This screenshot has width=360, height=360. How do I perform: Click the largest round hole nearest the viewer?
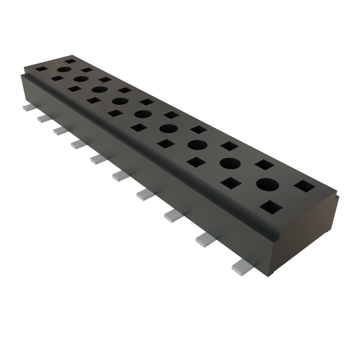coord(267,185)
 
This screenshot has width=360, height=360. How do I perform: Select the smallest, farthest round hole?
coord(64,70)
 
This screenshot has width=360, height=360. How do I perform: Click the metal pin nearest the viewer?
coord(242,266)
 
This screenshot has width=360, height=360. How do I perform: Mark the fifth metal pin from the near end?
coord(121,176)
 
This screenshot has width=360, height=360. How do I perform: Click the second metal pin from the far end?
coord(44,118)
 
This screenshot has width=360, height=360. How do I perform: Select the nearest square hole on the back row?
coord(304,186)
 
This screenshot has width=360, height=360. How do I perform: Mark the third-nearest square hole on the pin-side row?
coord(196,162)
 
